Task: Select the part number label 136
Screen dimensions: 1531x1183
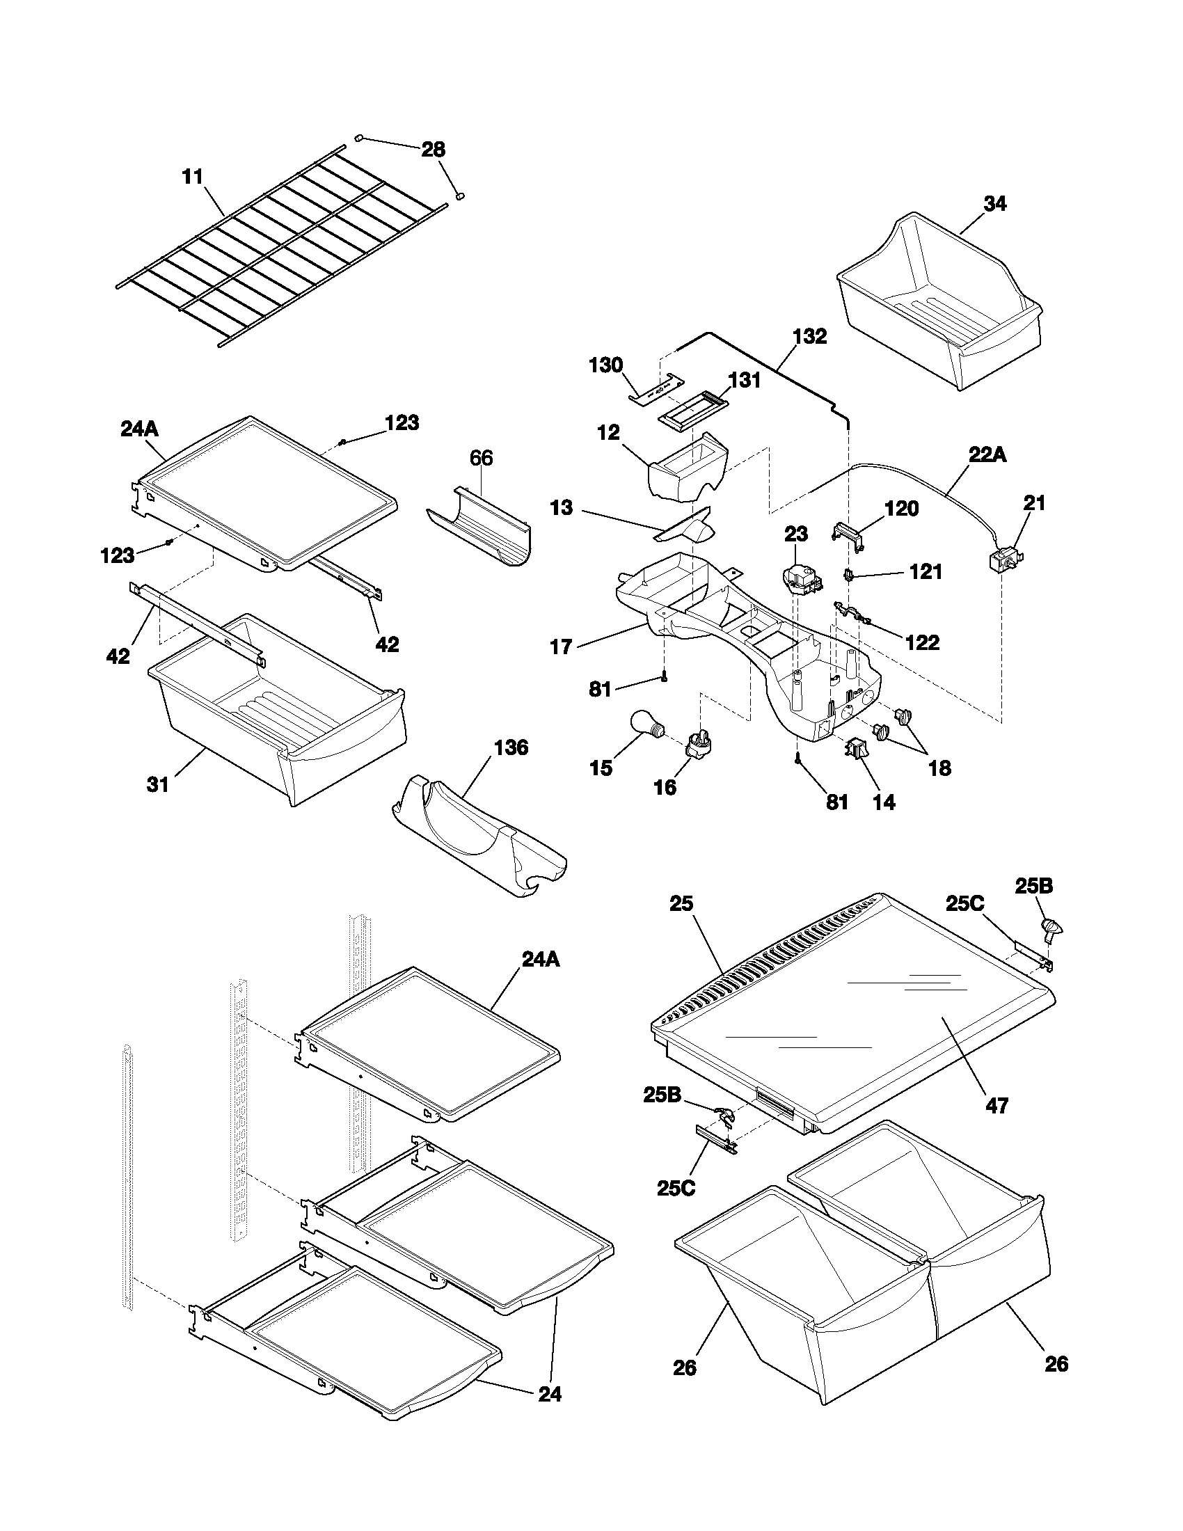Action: [x=511, y=747]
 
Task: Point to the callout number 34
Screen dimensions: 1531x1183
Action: [x=995, y=204]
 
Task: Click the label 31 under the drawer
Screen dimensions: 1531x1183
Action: [x=158, y=784]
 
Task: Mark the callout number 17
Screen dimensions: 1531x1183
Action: [x=561, y=646]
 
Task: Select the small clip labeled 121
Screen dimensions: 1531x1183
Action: [x=850, y=575]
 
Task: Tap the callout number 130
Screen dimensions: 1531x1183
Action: [x=605, y=365]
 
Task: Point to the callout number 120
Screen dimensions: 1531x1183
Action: [x=901, y=508]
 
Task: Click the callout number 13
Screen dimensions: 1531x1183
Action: [x=561, y=507]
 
